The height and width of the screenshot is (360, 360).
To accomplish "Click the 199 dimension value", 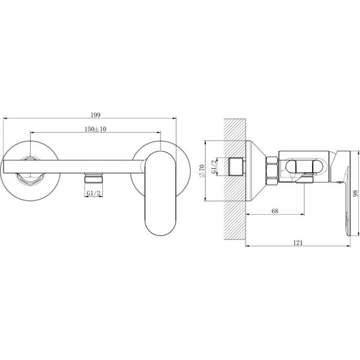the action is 95,115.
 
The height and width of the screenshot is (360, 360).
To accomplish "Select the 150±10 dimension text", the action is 95,129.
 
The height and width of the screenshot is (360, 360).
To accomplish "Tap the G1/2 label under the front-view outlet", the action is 93,193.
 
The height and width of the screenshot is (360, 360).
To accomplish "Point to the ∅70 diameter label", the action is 202,171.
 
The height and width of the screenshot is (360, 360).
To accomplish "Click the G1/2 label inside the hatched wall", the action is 213,167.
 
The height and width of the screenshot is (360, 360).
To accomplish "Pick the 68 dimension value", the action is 275,211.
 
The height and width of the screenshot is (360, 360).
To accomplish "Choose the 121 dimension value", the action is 297,243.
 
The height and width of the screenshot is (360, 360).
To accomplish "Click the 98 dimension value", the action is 356,193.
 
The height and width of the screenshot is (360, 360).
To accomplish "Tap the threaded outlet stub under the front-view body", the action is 93,178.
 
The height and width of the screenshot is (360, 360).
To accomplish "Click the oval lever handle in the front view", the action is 160,193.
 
